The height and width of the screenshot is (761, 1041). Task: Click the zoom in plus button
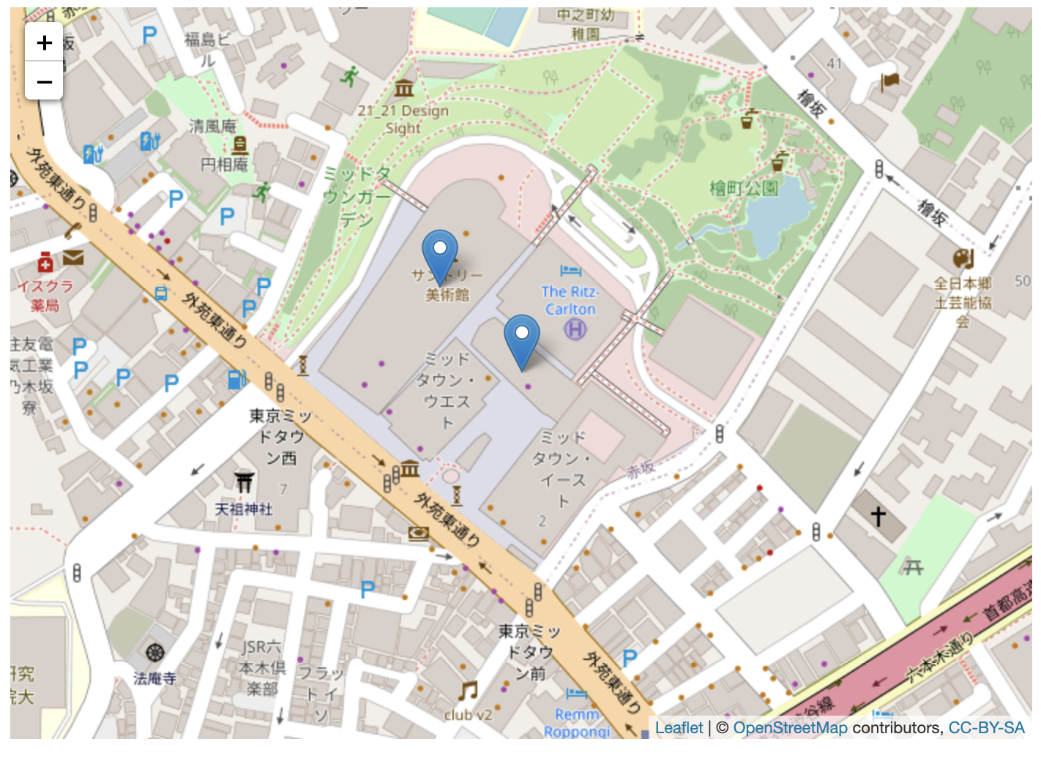(x=44, y=42)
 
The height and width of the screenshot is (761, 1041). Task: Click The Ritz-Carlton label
(x=570, y=300)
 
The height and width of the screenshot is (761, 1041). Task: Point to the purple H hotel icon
(x=575, y=330)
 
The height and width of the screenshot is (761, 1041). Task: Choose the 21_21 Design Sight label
(x=403, y=119)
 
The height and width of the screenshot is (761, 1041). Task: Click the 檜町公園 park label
(x=744, y=189)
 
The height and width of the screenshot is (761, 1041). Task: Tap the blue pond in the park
(x=776, y=220)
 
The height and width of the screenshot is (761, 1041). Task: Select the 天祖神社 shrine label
(x=244, y=509)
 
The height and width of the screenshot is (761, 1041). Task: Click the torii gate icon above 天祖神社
(x=245, y=481)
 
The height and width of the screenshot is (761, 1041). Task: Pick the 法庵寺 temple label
(x=154, y=678)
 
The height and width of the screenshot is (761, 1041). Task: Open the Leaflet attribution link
(x=679, y=727)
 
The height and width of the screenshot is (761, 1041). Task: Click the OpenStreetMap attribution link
(x=790, y=727)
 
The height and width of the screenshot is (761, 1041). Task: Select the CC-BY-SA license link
(x=986, y=727)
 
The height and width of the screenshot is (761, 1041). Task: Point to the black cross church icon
(x=878, y=517)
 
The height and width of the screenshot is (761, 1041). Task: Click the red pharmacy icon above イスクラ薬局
(x=45, y=262)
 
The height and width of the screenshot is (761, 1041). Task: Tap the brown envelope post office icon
(x=73, y=257)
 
